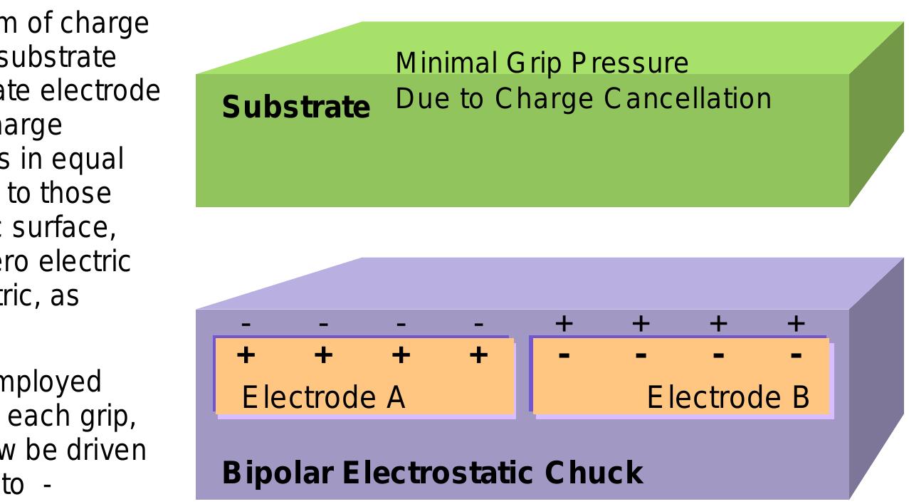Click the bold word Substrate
point(295,107)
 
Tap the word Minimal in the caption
point(445,63)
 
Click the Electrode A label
point(323,397)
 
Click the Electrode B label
point(727,397)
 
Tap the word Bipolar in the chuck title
point(277,473)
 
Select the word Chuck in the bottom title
point(594,473)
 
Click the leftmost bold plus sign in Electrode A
point(246,355)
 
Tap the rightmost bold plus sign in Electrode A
point(479,355)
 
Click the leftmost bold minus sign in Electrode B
point(564,355)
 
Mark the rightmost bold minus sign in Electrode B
point(796,355)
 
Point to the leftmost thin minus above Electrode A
point(246,325)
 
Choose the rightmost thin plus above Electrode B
point(796,324)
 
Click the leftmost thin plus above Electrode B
point(564,324)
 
